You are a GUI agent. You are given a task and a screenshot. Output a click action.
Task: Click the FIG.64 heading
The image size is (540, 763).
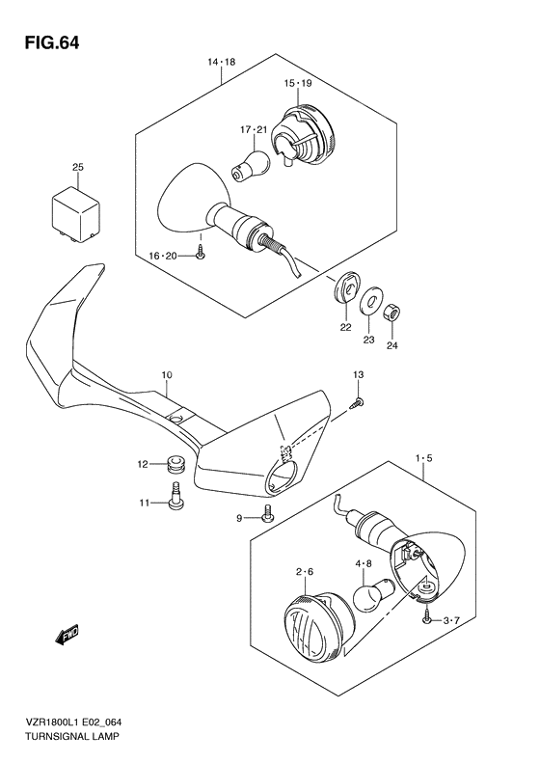51,43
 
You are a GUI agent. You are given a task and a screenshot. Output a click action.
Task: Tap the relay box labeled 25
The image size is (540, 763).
76,214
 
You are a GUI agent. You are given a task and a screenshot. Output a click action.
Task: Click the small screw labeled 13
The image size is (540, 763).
359,402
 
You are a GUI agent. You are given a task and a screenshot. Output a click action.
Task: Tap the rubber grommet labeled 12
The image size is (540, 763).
177,464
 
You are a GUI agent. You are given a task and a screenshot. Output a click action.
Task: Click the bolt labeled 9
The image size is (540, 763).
266,514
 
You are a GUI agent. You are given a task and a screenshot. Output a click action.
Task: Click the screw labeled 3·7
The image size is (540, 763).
426,618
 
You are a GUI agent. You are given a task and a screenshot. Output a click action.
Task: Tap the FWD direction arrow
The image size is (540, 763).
67,635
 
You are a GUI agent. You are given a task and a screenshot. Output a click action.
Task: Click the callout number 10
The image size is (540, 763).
167,375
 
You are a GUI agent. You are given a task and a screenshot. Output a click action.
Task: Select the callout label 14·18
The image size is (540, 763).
222,62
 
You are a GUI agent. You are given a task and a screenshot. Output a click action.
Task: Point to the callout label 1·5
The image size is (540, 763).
423,458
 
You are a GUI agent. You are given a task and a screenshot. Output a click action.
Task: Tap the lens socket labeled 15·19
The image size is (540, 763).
302,136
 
